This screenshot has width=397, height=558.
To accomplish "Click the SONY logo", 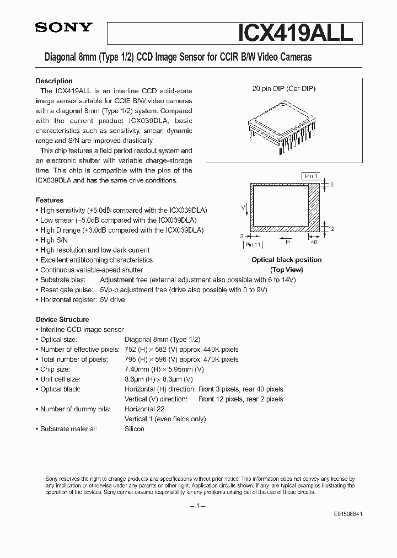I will pos(64,29).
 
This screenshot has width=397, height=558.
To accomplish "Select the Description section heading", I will pos(54,81).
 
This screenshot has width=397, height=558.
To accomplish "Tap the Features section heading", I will pos(50,200).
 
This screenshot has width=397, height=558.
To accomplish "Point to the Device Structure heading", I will pos(62,319).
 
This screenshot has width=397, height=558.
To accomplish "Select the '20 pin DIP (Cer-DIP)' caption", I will pos(284,88).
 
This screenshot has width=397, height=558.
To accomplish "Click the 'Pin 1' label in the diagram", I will pos(310,176).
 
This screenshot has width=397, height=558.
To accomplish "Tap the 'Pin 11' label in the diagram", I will pos(253,244).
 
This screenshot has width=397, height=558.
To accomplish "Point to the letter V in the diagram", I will pos(243,207).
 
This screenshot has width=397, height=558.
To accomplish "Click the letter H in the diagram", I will pos(287,241).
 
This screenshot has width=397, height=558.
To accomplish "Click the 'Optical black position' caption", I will pos(286,260).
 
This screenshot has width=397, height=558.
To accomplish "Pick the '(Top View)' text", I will pos(286,270).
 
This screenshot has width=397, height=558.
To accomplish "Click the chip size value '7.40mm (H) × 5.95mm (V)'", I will pos(164,369).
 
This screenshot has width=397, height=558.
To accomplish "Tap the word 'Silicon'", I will pos(135,429).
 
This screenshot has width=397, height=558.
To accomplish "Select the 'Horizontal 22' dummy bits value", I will pos(144,409).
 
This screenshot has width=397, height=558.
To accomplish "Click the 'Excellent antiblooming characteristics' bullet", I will pos(96,260).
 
